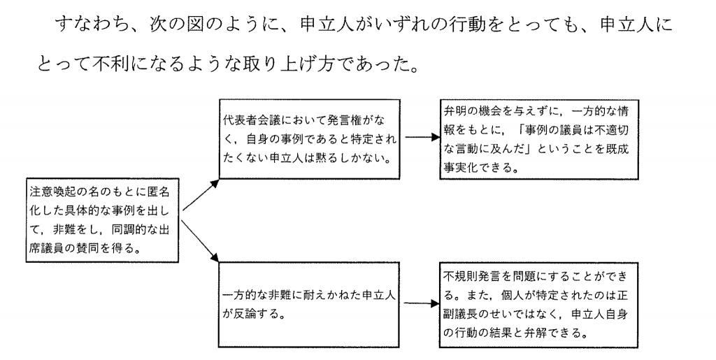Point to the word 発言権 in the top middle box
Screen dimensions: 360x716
(x=343, y=113)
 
